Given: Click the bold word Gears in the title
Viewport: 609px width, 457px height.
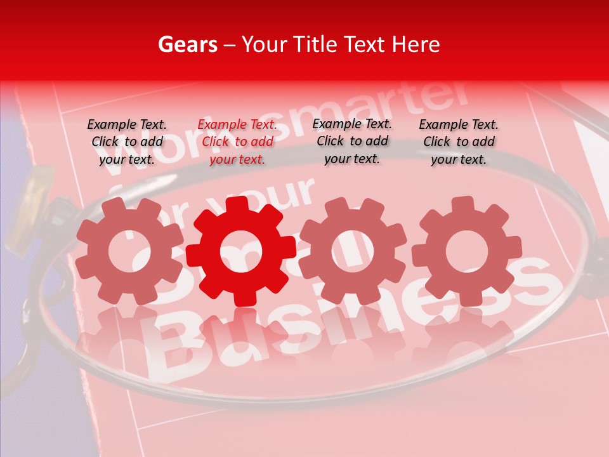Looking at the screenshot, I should (187, 44).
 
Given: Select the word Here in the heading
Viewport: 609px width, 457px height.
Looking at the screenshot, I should (416, 44).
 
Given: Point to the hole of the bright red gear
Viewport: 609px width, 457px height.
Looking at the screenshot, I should (240, 251).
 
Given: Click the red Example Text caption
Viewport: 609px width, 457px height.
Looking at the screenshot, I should (237, 142).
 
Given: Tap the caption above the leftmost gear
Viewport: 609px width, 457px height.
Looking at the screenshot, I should (127, 142).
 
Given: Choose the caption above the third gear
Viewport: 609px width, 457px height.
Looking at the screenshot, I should (352, 142).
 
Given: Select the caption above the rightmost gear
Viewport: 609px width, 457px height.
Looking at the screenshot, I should (459, 142).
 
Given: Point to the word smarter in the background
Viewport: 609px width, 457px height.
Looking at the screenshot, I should (406, 108).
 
